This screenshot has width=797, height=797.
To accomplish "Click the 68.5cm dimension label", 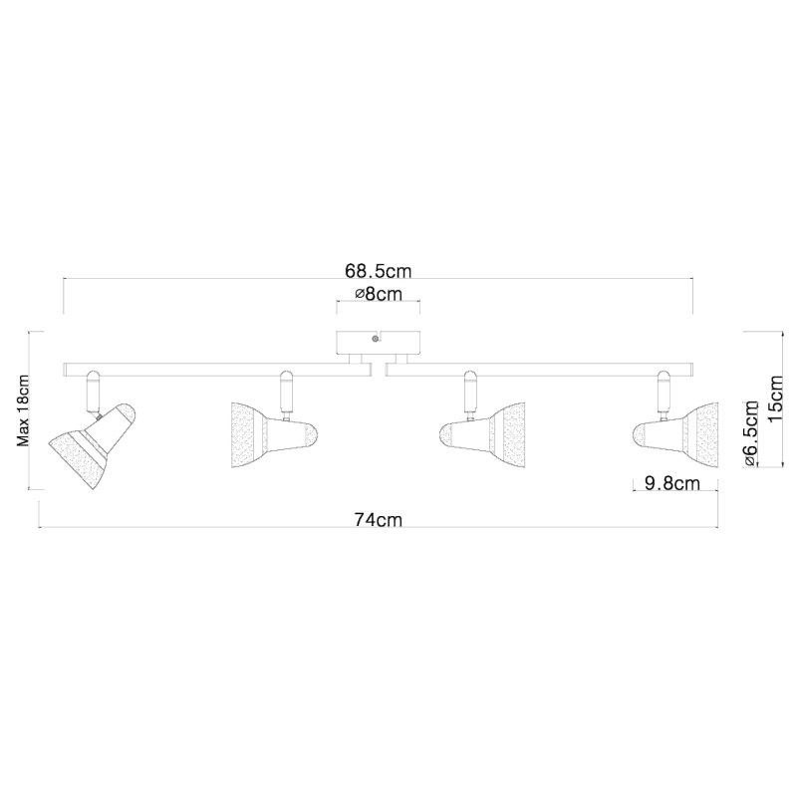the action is (x=379, y=271).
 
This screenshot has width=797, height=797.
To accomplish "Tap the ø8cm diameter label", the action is (x=379, y=294).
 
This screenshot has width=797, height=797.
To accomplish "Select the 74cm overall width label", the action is (x=379, y=520).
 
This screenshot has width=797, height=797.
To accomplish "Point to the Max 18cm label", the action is (x=23, y=410).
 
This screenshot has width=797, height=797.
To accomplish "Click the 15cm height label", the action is (x=776, y=398).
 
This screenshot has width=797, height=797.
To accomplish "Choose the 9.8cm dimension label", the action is (x=671, y=483).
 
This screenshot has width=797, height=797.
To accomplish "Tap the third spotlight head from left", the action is (x=482, y=435).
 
